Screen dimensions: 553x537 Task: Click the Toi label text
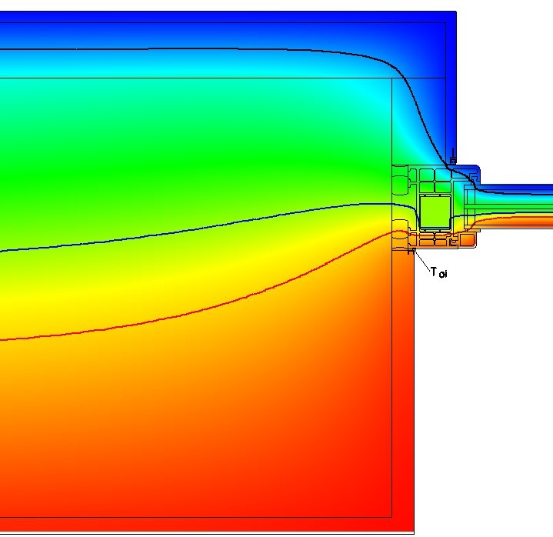click(x=439, y=272)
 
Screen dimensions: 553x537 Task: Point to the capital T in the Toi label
click(x=434, y=272)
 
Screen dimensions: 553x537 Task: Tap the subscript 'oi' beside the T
click(x=443, y=274)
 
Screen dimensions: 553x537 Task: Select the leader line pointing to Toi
click(x=421, y=260)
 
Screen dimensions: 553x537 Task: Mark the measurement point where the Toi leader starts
click(x=411, y=251)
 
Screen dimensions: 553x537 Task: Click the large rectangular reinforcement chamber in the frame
click(x=435, y=212)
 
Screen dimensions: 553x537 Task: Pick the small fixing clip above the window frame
click(x=453, y=158)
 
